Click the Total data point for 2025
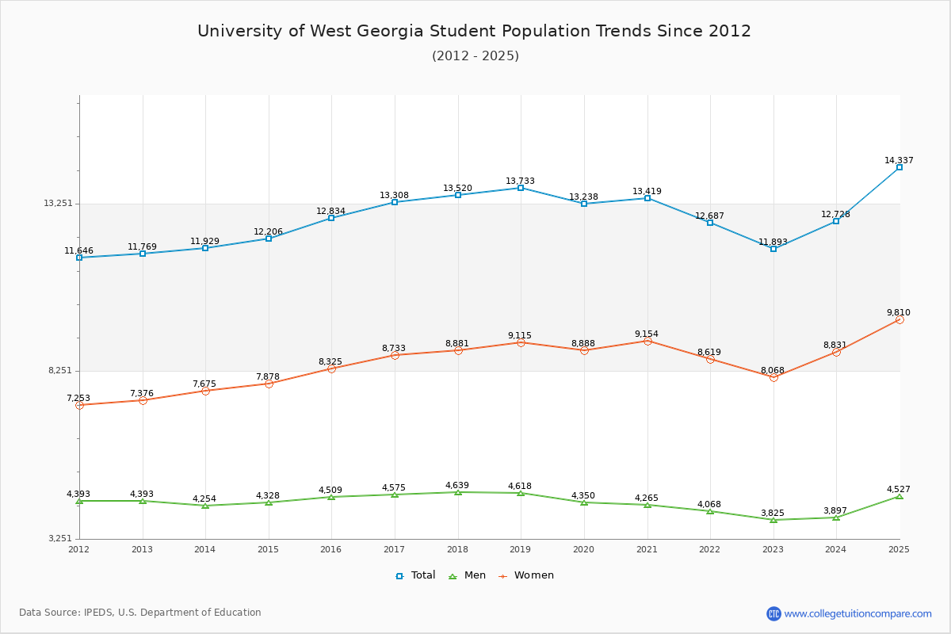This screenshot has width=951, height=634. click(x=899, y=167)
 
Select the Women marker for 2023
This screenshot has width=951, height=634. click(x=773, y=377)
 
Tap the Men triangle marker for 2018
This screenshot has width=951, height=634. click(x=457, y=492)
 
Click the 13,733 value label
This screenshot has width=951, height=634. click(x=520, y=181)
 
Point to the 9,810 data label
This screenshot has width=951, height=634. click(x=899, y=312)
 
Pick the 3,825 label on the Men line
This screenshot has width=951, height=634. click(x=773, y=513)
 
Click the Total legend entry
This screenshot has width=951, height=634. click(x=415, y=575)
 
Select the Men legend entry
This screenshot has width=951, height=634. click(x=468, y=575)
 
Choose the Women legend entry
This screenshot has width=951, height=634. click(x=526, y=575)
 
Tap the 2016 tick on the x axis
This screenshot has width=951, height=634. click(x=331, y=549)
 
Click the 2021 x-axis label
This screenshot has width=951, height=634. click(x=647, y=549)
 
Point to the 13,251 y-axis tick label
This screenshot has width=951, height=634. click(x=58, y=203)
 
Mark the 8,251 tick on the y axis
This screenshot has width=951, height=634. click(x=60, y=371)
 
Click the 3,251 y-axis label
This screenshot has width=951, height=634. click(x=60, y=539)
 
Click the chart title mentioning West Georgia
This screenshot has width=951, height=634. click(x=474, y=31)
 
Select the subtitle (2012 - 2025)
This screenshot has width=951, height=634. click(x=475, y=56)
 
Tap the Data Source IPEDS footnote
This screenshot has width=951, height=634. click(x=140, y=613)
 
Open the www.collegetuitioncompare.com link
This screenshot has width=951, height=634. click(x=857, y=613)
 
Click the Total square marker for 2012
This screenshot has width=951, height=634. click(x=79, y=258)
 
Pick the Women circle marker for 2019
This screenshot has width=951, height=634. click(x=521, y=342)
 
